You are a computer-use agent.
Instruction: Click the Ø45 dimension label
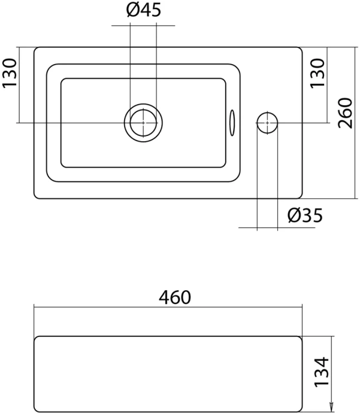(x=144, y=10)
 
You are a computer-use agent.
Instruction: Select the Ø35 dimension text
(x=304, y=215)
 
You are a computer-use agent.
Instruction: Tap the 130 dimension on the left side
(x=10, y=74)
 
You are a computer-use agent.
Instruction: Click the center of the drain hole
(x=143, y=122)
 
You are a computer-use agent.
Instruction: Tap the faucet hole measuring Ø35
(x=267, y=122)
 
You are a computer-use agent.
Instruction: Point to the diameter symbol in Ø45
(x=134, y=10)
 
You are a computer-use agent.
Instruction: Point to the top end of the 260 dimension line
(x=356, y=47)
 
